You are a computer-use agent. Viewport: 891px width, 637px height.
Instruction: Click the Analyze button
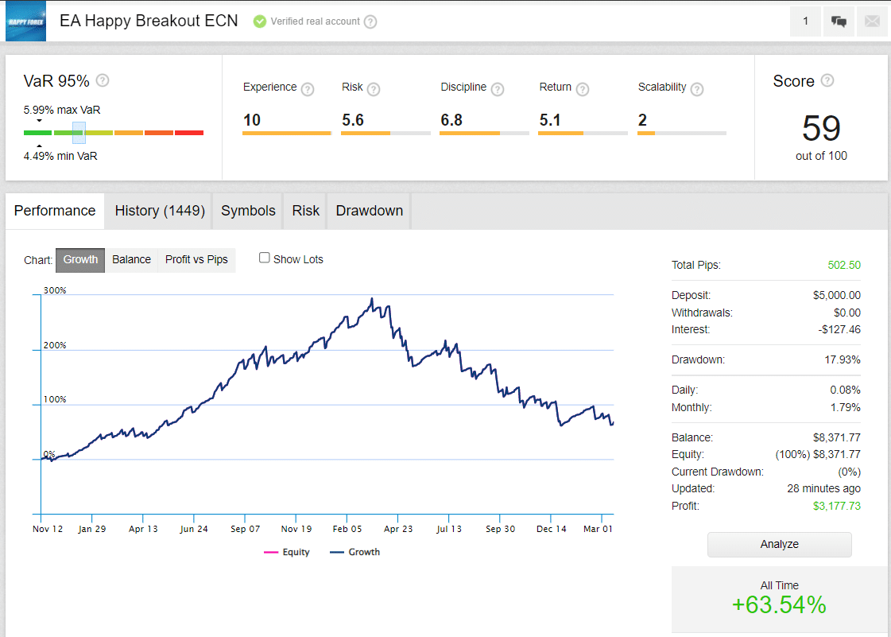[x=779, y=545]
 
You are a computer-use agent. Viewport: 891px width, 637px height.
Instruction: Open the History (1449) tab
[x=160, y=211]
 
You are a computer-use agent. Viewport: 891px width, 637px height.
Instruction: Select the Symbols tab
[x=248, y=211]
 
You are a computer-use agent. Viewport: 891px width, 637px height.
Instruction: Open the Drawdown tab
[x=369, y=211]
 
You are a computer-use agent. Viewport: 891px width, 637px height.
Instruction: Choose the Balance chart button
[x=131, y=259]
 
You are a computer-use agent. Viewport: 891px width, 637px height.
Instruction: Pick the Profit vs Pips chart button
[x=196, y=259]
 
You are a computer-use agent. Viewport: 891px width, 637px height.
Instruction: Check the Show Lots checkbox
[x=265, y=258]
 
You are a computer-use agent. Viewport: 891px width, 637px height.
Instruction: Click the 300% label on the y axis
[x=55, y=290]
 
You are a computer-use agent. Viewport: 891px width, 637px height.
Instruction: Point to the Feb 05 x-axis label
[x=347, y=529]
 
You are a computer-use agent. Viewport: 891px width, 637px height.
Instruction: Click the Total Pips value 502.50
[x=844, y=265]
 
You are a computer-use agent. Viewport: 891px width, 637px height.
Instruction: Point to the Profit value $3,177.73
[x=836, y=506]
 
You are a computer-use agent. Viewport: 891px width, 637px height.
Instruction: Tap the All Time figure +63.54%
[x=778, y=605]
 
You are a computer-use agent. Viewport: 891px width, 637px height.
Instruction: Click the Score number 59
[x=821, y=128]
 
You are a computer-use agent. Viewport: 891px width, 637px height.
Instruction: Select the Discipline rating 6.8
[x=451, y=120]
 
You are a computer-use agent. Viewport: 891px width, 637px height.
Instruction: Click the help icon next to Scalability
[x=697, y=89]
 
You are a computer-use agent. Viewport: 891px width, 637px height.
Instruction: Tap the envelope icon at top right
[x=872, y=21]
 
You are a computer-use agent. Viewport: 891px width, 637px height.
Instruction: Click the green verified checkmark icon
[x=260, y=21]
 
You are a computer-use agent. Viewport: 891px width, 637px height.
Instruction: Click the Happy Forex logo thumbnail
[x=26, y=21]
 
